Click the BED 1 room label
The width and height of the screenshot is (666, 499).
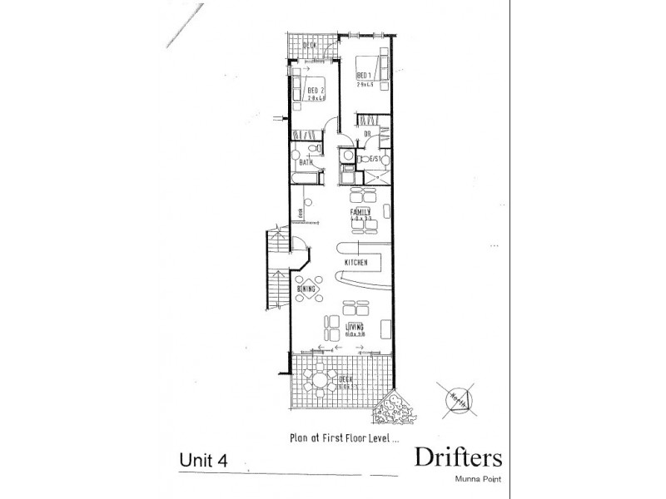coord(363,76)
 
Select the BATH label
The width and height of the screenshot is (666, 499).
coord(306,163)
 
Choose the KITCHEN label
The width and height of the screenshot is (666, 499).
coord(356,263)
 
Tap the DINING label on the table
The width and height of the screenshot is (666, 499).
coord(306,289)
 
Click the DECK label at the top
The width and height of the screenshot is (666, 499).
coord(313,46)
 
